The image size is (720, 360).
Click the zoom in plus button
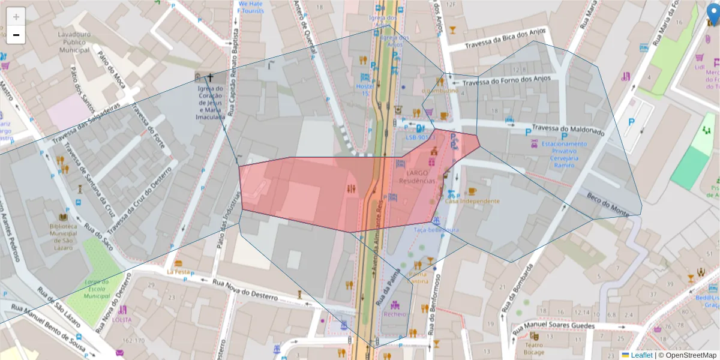[x=16, y=17]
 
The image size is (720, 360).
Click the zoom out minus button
[x=16, y=35]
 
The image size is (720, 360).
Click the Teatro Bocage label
[x=533, y=349]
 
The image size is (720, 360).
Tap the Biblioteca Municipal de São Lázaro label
[x=63, y=237]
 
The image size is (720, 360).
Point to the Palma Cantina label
[x=419, y=277]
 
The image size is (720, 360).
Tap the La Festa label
[x=178, y=271]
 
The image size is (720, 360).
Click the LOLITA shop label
[x=121, y=319]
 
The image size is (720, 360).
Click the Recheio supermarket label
[x=395, y=313]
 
